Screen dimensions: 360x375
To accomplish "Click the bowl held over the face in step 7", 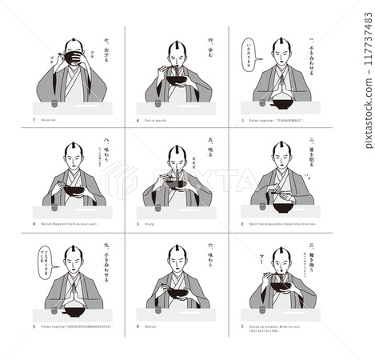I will (74, 58).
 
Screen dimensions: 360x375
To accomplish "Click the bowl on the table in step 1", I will (281, 103).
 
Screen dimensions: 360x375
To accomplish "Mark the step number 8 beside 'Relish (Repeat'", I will (34, 224).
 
